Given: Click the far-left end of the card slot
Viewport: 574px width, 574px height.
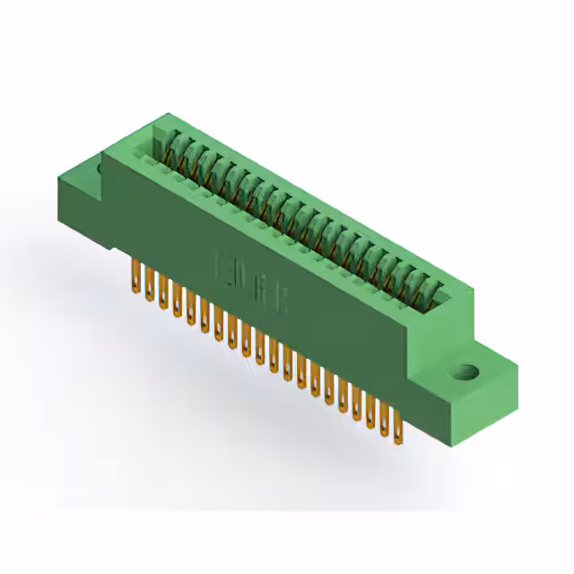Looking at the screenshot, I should pyautogui.click(x=161, y=139).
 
